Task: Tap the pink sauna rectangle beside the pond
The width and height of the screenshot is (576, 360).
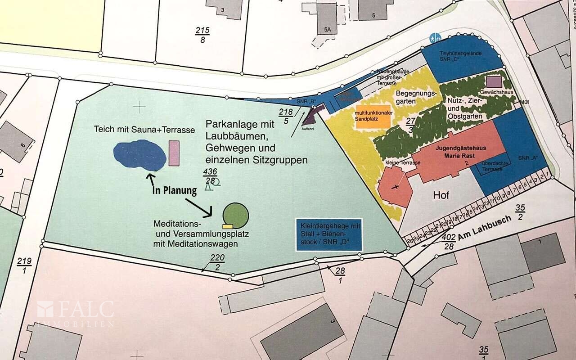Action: (174, 153)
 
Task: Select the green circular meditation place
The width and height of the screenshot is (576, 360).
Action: (236, 215)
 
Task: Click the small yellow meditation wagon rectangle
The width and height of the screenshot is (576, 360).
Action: (227, 226)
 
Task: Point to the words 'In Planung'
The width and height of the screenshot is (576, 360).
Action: (175, 190)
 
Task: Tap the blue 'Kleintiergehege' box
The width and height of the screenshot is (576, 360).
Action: (328, 235)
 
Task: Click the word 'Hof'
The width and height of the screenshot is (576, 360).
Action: (441, 195)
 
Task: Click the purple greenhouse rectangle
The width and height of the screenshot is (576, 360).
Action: (494, 81)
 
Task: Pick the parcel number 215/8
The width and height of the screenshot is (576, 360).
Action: (202, 35)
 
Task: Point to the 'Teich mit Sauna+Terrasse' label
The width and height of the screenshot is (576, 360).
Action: (144, 130)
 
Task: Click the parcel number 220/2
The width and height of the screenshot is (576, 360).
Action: (218, 262)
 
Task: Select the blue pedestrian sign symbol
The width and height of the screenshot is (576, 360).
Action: (434, 38)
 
